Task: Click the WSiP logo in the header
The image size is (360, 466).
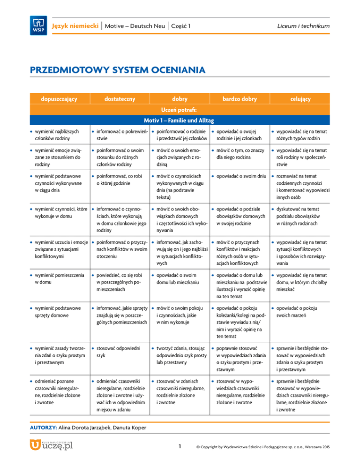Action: coord(39,25)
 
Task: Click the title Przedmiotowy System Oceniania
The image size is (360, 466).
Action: coord(117,71)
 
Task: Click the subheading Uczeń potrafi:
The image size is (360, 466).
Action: coord(180,110)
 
